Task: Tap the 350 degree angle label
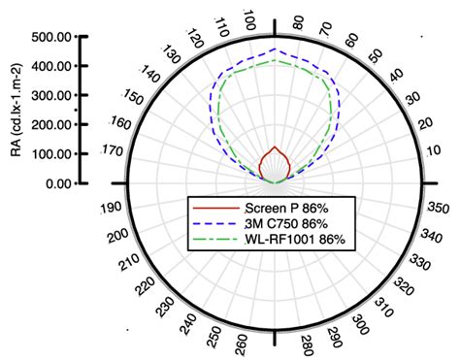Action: [x=438, y=208]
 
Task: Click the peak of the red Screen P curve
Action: [x=277, y=147]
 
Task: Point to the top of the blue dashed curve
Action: [x=277, y=49]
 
